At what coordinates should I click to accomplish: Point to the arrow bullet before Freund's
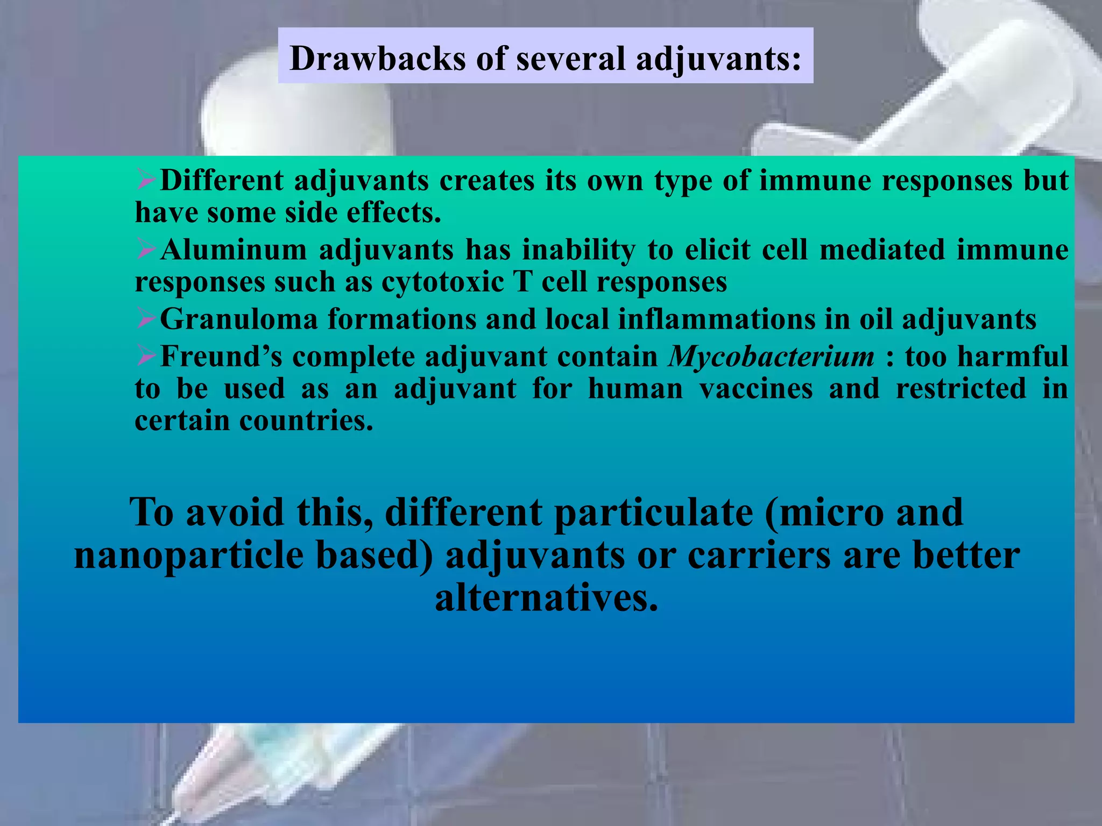click(146, 355)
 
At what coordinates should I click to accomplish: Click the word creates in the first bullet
click(486, 181)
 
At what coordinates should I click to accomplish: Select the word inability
click(578, 250)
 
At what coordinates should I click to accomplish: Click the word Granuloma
click(239, 319)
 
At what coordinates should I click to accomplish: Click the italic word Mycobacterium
click(771, 357)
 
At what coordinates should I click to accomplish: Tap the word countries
click(306, 421)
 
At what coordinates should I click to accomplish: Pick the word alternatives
click(546, 599)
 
